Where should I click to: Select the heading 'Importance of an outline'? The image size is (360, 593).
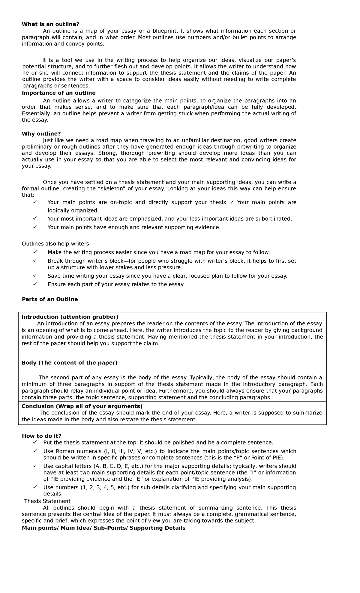[58, 93]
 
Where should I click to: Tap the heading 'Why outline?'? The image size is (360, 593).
[41, 134]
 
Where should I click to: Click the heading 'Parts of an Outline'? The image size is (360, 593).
[50, 300]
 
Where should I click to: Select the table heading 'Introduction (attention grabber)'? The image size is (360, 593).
[70, 317]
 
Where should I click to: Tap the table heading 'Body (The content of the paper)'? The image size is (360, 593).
[69, 363]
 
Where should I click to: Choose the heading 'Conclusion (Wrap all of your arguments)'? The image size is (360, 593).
[82, 406]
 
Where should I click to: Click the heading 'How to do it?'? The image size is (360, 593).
[41, 436]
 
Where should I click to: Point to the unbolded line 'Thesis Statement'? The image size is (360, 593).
[47, 501]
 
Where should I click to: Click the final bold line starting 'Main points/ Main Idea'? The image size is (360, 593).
[103, 528]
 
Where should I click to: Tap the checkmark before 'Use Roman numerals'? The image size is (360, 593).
[35, 451]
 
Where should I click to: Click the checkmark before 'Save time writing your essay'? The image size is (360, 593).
[35, 275]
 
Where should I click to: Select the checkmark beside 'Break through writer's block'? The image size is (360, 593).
[35, 260]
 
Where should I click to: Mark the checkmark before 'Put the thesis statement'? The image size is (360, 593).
[35, 442]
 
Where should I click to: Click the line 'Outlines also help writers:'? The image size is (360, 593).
[56, 244]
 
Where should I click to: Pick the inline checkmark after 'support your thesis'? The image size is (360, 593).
[232, 202]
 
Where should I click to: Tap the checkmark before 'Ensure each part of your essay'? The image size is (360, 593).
[35, 284]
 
